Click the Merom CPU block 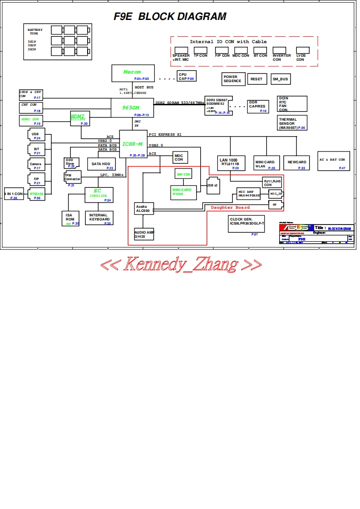133,73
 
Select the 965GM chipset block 132,109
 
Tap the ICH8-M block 133,144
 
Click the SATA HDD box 101,164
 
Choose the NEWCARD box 296,162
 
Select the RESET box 256,79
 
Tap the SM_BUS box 281,79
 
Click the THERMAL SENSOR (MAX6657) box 292,123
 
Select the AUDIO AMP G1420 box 144,234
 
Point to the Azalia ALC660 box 143,209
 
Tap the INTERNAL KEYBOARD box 99,218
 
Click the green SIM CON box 184,174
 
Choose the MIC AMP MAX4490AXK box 249,194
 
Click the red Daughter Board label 230,207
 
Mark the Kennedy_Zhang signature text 181,264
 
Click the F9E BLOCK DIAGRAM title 170,17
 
